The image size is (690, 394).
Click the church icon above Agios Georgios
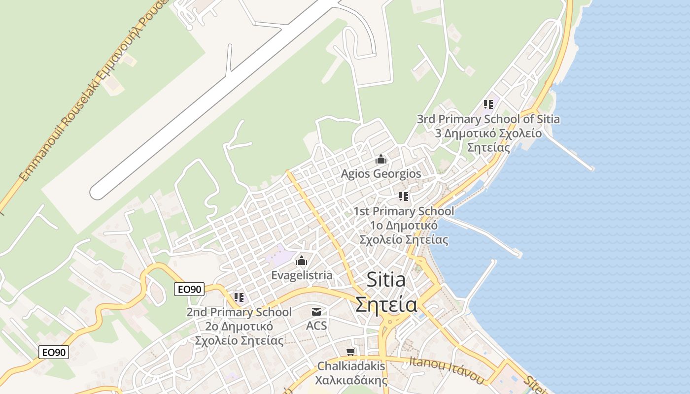(x=381, y=160)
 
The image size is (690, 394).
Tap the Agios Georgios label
(x=381, y=174)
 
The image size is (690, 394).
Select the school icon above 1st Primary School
(x=404, y=197)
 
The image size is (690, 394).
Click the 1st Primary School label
(x=404, y=211)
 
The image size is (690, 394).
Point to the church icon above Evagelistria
(x=302, y=261)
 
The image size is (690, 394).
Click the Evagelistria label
(x=302, y=275)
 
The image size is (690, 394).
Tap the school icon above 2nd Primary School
(x=239, y=297)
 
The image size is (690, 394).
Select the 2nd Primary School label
(x=239, y=312)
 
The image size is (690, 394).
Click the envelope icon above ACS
(x=316, y=312)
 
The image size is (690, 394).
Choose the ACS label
(x=316, y=326)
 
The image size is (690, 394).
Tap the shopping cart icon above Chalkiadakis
(x=351, y=352)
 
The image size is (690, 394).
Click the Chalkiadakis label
(x=351, y=366)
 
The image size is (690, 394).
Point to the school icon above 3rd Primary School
(x=488, y=104)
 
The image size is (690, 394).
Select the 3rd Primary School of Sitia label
(x=488, y=119)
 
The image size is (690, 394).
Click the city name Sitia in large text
(x=386, y=280)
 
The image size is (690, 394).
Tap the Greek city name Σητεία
(x=386, y=304)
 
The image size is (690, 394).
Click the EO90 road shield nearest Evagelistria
(x=189, y=289)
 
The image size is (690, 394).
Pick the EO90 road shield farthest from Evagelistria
(x=54, y=352)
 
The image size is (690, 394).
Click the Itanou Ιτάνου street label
(x=447, y=369)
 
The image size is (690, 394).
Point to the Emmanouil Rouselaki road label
(x=94, y=89)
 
